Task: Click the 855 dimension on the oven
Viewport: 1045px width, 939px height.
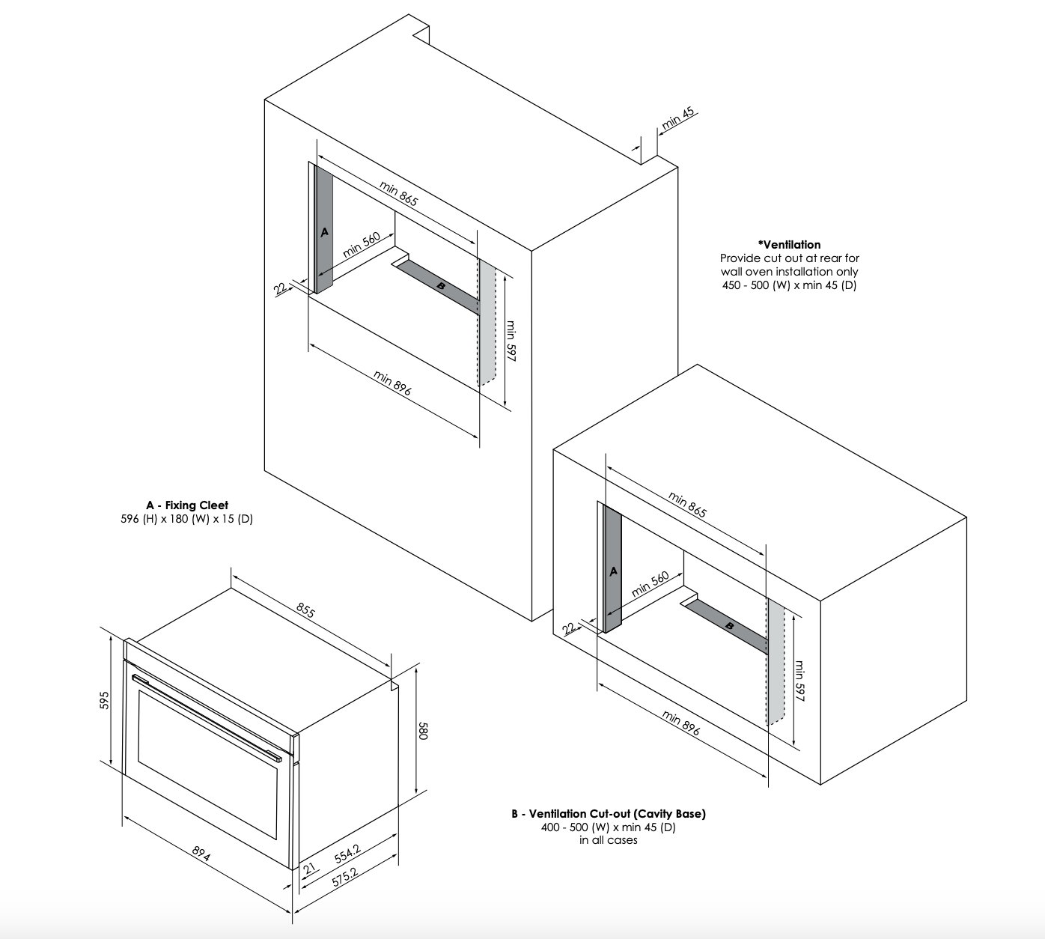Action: [305, 610]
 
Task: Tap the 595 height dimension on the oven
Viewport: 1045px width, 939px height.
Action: [104, 700]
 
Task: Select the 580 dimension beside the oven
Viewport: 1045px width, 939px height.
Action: [423, 731]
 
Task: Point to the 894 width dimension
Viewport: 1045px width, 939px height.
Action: [201, 854]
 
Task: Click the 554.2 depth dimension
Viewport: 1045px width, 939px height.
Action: [347, 854]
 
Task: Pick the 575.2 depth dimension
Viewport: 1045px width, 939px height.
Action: [344, 877]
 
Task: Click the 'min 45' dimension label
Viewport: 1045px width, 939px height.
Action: [677, 118]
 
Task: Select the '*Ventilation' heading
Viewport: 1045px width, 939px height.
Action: [789, 245]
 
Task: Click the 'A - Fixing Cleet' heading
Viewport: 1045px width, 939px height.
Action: [186, 505]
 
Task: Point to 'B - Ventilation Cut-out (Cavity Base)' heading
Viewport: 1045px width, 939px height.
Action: [609, 814]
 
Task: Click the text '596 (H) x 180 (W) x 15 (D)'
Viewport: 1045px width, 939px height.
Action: [186, 518]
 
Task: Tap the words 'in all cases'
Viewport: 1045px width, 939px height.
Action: [608, 840]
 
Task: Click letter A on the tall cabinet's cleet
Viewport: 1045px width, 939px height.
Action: [324, 232]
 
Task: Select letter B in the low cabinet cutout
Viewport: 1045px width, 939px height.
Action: [729, 626]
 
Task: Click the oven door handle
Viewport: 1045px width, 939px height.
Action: [207, 718]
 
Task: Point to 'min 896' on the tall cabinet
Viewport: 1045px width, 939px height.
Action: [392, 383]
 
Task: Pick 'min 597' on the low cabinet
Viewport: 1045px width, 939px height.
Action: [799, 681]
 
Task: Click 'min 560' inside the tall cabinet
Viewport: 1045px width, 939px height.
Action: [361, 245]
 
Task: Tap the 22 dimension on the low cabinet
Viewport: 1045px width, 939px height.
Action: [568, 628]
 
